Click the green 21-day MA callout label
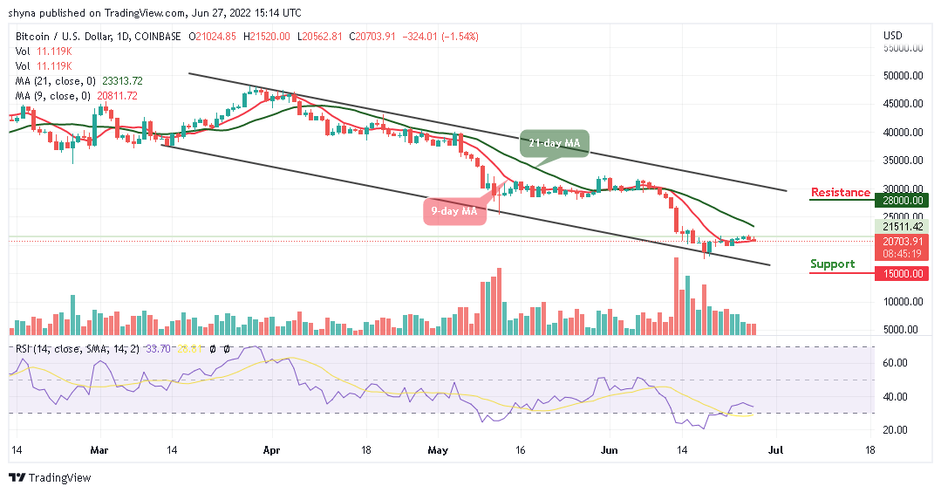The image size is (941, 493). [556, 141]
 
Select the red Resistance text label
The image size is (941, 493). [841, 192]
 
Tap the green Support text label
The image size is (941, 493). [832, 264]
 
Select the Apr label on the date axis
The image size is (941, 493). [272, 452]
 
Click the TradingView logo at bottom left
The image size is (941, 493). [50, 478]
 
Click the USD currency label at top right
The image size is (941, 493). [892, 36]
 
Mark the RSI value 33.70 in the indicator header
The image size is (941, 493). [162, 348]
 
